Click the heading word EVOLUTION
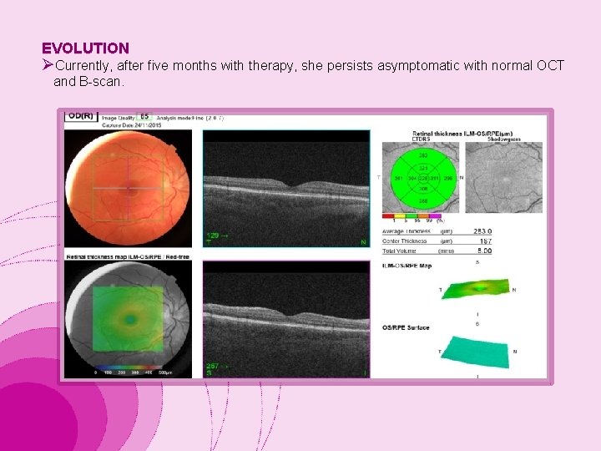(85, 48)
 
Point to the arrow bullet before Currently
(48, 65)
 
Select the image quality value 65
(144, 116)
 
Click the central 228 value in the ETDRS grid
(422, 178)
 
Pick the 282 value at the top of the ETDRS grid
(422, 155)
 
